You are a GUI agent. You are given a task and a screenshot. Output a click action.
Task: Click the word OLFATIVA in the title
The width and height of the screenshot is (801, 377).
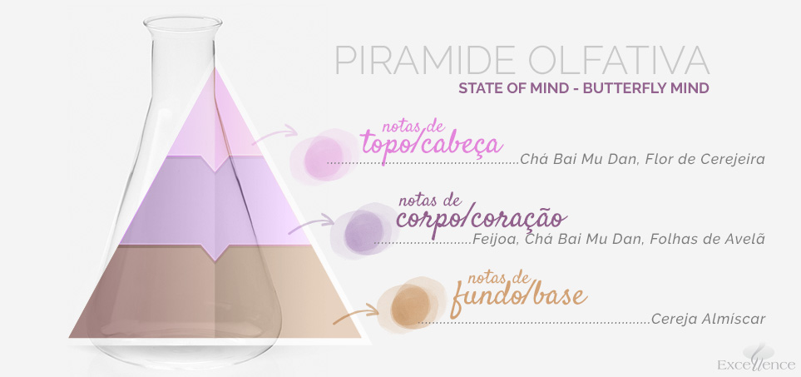(619, 61)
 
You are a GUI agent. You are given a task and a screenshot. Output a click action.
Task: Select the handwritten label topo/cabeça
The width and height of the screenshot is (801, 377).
(431, 141)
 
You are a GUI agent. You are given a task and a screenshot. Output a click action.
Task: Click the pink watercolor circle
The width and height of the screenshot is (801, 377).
(324, 156)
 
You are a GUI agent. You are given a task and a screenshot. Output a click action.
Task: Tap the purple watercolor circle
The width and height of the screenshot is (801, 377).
(364, 231)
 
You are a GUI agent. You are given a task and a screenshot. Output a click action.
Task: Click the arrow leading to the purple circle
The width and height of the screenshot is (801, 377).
(313, 225)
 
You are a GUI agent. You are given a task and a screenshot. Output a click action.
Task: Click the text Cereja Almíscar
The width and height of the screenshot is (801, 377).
(708, 320)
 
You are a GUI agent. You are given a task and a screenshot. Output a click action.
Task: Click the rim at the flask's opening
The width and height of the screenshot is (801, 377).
(183, 22)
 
